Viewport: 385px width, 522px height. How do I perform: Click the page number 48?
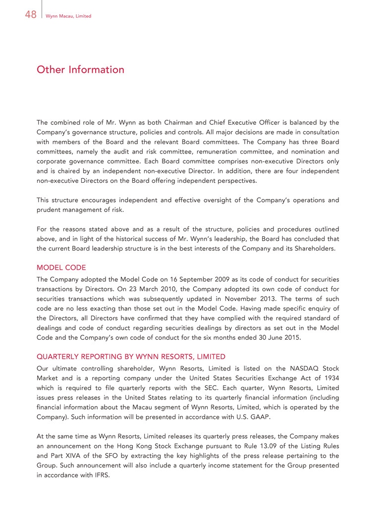click(x=30, y=15)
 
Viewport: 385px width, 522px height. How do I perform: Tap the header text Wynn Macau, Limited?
click(x=68, y=16)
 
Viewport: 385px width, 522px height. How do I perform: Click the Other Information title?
click(x=80, y=70)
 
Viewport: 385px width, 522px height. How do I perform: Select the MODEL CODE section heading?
click(x=61, y=267)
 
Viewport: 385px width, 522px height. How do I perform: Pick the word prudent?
click(x=50, y=210)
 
